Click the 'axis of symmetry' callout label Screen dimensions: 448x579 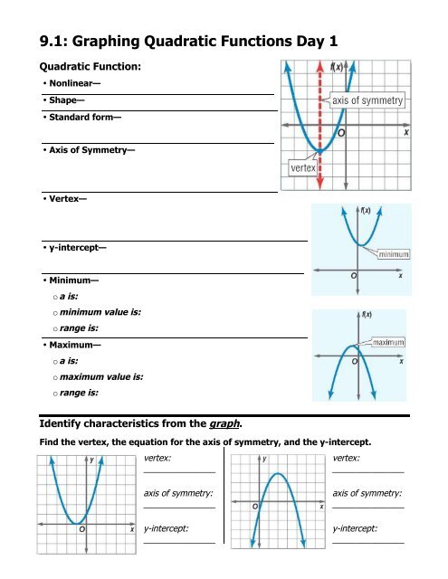click(x=367, y=100)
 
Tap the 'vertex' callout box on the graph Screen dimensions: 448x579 click(x=301, y=167)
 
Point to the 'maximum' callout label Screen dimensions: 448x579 click(x=386, y=343)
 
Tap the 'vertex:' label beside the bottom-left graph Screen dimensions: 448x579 click(x=158, y=459)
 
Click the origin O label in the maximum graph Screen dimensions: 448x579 click(x=356, y=360)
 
